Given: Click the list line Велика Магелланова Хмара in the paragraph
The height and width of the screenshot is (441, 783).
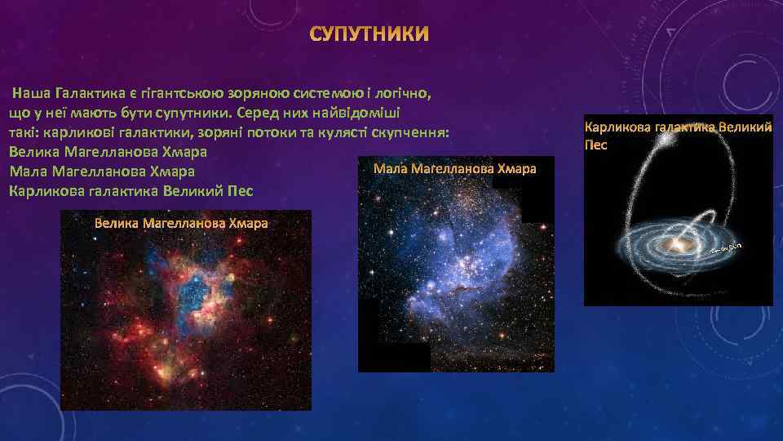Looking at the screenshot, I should pos(107,152).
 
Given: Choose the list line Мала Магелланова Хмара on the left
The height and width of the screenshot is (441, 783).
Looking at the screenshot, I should pos(100,171).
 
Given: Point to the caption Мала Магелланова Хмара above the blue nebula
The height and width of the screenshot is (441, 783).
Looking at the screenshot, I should pos(454,169).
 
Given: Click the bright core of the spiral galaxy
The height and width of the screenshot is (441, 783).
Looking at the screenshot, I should pos(679,243).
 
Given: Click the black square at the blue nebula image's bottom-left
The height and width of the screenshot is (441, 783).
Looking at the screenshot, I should pos(396,357).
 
